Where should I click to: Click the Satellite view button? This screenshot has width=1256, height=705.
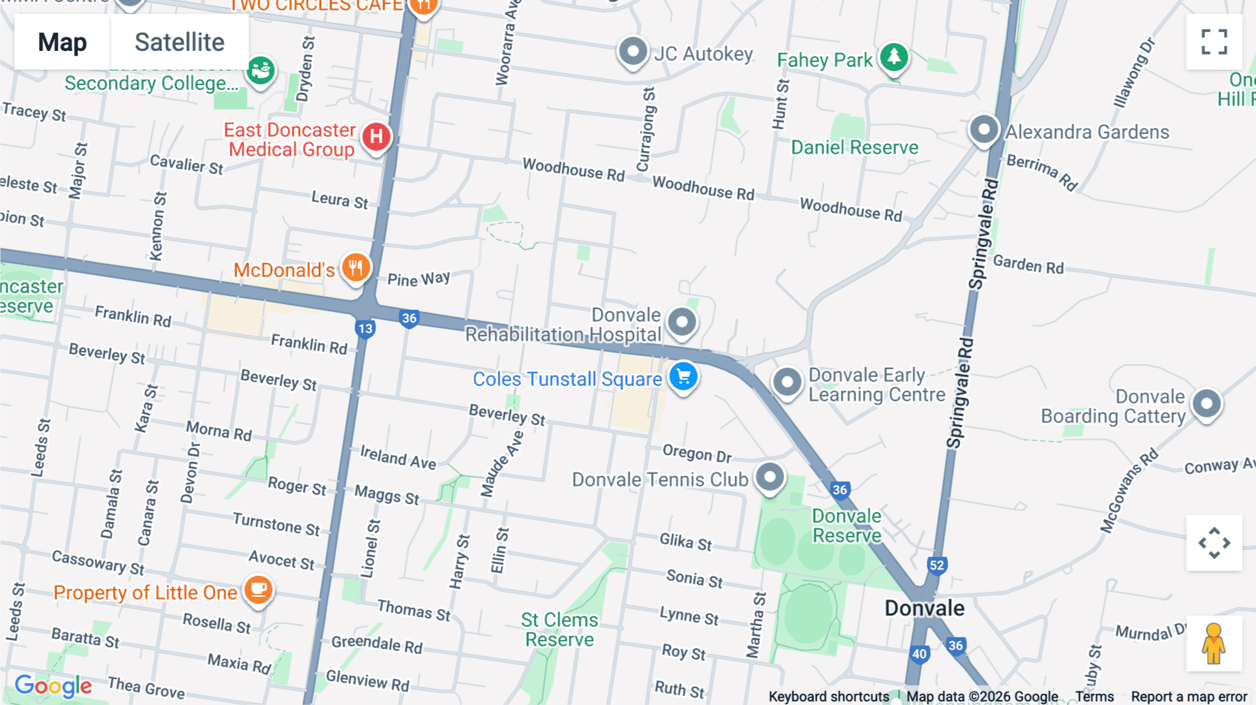[179, 43]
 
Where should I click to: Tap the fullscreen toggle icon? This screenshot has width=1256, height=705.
[1214, 42]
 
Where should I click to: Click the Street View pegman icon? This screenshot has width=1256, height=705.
[1213, 644]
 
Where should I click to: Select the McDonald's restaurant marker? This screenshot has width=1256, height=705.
[356, 267]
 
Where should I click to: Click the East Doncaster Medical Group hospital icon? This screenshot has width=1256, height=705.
[376, 136]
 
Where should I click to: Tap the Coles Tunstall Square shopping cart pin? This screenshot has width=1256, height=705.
[683, 377]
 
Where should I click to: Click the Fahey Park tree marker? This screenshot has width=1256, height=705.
[894, 57]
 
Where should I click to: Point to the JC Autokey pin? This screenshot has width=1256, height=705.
[633, 52]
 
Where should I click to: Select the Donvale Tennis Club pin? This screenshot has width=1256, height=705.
[770, 477]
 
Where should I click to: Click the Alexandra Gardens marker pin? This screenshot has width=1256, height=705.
[984, 129]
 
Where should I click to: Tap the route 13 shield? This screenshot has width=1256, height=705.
[365, 329]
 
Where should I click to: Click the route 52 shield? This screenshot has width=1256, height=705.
[936, 565]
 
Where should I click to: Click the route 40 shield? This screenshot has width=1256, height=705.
[920, 654]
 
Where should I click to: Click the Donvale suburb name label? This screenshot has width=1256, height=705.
[924, 609]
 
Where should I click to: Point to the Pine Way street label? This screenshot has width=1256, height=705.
[419, 279]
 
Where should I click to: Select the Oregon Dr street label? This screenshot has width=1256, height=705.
[696, 454]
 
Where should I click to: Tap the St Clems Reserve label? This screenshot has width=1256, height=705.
[559, 630]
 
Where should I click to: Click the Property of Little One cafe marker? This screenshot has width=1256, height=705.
[258, 590]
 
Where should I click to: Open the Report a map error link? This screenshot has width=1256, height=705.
[1188, 697]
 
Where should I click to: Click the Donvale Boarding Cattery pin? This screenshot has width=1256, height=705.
[1206, 403]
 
